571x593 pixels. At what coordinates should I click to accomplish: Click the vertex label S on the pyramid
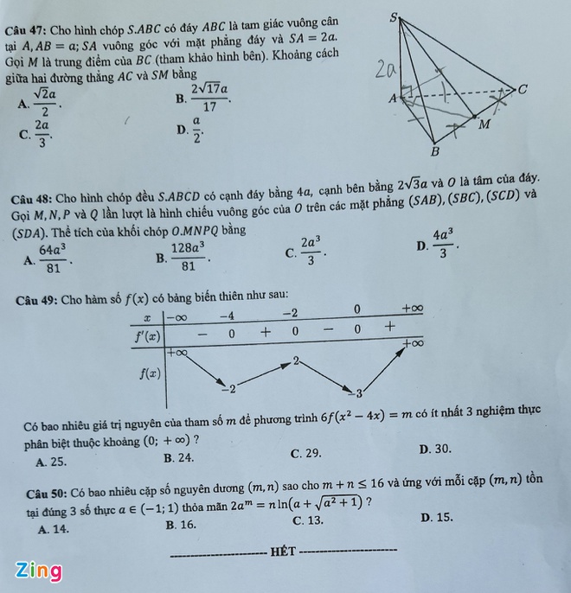point(395,16)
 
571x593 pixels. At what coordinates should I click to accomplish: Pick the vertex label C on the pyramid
point(522,89)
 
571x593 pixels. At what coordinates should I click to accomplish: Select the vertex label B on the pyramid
point(435,152)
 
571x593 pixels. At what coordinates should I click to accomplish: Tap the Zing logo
point(38,571)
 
